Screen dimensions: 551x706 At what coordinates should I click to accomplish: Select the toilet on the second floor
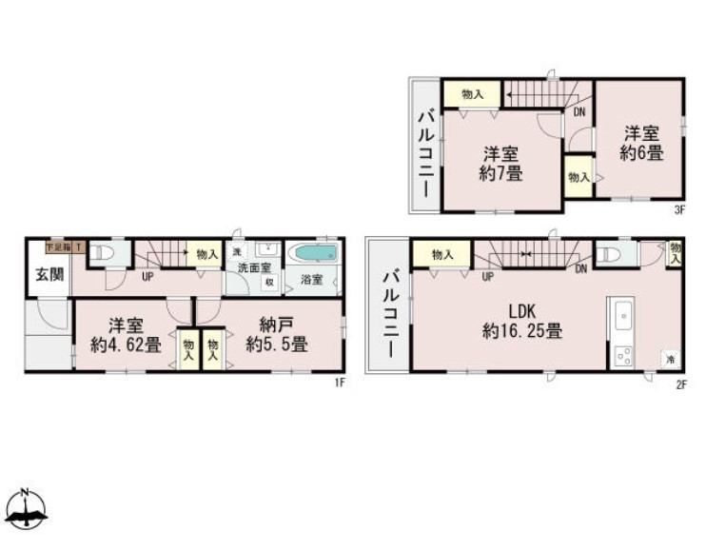610,253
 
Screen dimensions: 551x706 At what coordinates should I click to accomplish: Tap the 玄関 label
49,276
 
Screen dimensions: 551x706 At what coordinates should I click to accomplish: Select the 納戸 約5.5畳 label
276,334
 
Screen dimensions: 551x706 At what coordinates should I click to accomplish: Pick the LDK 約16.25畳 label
520,322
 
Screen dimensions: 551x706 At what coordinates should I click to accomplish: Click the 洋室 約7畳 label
500,163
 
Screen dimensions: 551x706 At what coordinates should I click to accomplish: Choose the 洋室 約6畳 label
643,143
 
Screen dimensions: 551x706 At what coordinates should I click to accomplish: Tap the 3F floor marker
680,210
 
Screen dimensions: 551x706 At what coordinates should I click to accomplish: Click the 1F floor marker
338,383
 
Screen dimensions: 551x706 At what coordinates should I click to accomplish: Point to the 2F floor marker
680,383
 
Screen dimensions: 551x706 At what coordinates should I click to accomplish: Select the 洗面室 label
253,268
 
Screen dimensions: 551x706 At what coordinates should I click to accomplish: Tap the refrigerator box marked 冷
670,359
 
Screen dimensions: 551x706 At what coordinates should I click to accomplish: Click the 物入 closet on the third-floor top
472,94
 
